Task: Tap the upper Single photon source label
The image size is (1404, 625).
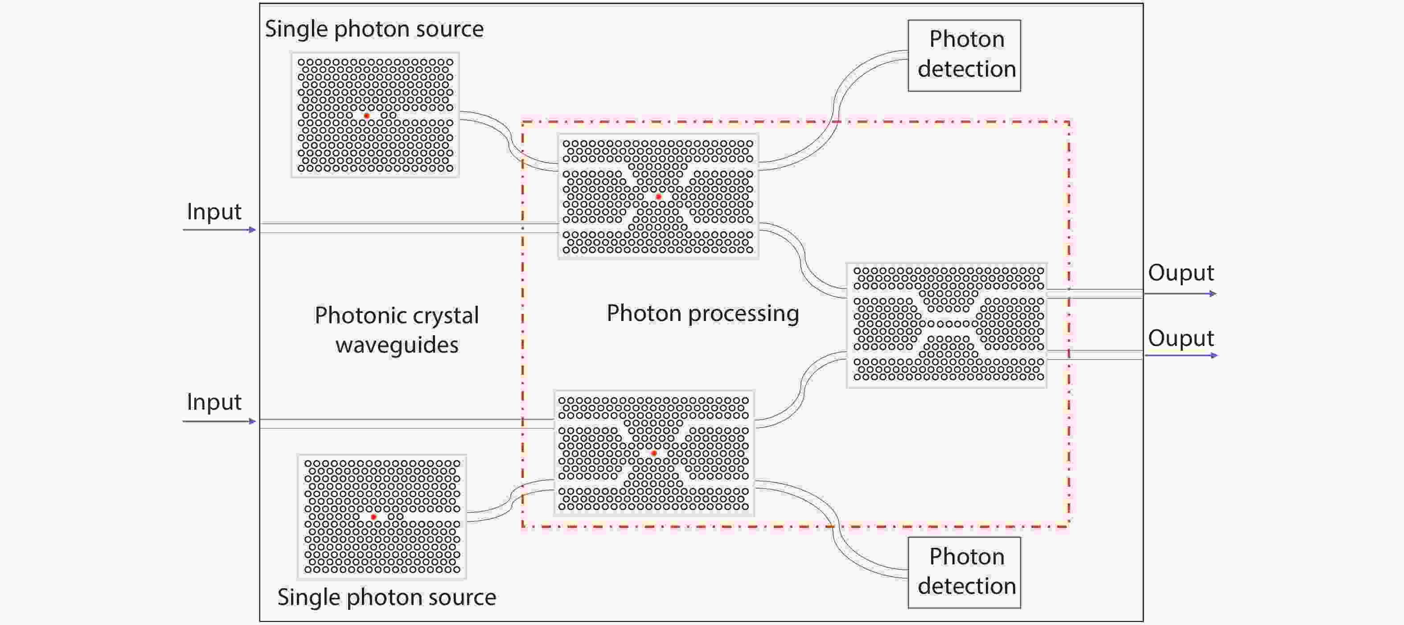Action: [374, 29]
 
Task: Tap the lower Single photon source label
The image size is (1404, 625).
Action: [387, 598]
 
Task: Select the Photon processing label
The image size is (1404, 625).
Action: [703, 314]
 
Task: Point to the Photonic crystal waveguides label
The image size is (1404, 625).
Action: [397, 330]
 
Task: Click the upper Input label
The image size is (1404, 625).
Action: [213, 212]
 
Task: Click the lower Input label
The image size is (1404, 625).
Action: [213, 402]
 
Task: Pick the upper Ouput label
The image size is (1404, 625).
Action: [1181, 273]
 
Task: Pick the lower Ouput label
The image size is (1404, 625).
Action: [1181, 338]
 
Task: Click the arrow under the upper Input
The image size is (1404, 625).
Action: [220, 230]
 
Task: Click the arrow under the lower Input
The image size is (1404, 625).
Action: [220, 421]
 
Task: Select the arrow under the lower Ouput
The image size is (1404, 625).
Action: [1181, 355]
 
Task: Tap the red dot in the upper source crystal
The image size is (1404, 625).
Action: [367, 116]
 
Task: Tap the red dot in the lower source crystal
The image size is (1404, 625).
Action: [374, 517]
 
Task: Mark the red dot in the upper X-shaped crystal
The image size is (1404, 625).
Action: [658, 197]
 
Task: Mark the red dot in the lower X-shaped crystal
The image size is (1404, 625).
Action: [654, 453]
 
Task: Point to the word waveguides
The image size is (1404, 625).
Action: [397, 345]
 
